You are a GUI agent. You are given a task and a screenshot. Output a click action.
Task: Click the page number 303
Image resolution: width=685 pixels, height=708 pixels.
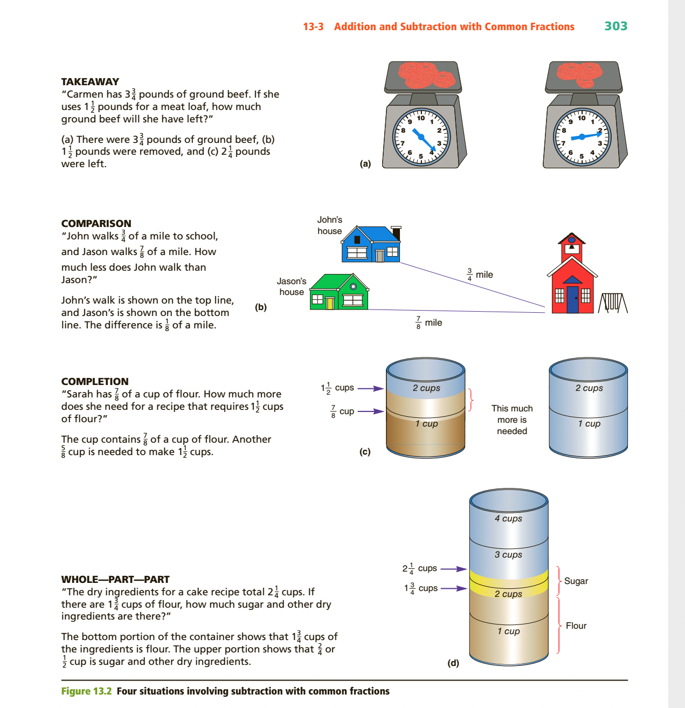tap(615, 26)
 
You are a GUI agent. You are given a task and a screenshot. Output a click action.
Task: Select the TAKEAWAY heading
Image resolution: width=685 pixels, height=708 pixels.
tap(90, 81)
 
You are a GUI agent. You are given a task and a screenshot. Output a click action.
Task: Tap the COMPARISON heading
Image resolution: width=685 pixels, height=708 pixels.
tap(96, 223)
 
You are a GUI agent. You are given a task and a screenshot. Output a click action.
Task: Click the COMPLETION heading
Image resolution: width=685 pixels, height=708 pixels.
tap(95, 381)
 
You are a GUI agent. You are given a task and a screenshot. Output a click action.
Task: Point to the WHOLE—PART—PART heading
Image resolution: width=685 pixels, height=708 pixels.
tap(115, 579)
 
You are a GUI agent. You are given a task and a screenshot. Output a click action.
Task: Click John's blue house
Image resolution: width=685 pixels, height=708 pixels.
tap(371, 245)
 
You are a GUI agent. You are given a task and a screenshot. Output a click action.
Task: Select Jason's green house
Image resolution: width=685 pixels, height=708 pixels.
tap(339, 293)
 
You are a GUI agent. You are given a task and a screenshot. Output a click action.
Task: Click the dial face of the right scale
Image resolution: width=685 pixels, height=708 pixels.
tap(582, 137)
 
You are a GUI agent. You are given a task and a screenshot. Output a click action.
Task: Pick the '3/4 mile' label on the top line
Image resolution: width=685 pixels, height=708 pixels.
tap(480, 274)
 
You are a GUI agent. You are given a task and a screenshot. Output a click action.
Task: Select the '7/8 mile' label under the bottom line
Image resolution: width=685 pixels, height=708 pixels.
tap(429, 322)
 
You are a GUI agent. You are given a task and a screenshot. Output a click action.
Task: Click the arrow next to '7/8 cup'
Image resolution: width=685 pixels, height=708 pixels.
tap(370, 411)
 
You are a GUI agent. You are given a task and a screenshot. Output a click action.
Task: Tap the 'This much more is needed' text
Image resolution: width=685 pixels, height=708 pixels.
tap(512, 420)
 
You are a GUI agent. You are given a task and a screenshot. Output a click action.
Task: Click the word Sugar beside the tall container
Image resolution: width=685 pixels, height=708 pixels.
tap(576, 581)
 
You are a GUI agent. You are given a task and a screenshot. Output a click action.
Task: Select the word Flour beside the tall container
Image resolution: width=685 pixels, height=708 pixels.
tap(576, 625)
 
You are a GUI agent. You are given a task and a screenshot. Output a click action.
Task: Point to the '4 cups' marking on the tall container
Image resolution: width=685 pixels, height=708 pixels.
tap(508, 518)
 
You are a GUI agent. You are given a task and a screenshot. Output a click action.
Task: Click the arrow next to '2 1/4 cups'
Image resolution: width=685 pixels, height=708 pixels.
tap(453, 569)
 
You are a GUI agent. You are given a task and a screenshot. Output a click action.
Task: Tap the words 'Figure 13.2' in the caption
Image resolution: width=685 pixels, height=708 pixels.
tap(86, 691)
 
